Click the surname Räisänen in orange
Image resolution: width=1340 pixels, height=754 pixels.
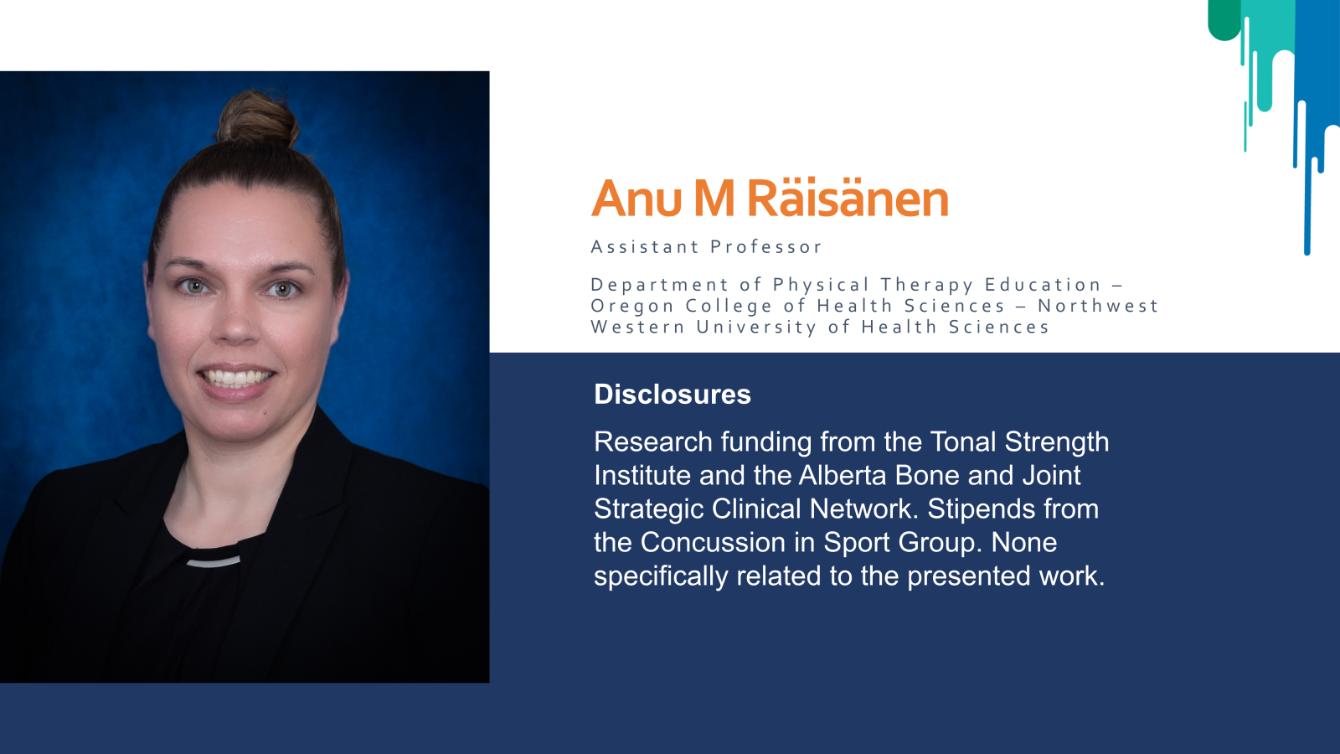point(848,197)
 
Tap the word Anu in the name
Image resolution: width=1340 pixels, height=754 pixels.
point(636,198)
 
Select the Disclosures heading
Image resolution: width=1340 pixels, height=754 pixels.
point(673,395)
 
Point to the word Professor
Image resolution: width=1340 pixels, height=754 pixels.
point(766,246)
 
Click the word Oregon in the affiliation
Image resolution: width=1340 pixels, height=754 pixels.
point(631,306)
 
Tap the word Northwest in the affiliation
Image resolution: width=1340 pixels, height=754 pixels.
point(1098,305)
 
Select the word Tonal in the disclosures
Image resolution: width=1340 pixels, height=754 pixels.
point(962,442)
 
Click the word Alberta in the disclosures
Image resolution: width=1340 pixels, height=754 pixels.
point(843,475)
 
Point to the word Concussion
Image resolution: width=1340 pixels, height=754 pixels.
point(713,542)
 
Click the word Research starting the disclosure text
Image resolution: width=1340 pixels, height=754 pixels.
point(653,442)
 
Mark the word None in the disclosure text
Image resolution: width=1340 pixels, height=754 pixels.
point(1024,542)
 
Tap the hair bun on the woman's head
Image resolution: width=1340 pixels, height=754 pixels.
point(257,118)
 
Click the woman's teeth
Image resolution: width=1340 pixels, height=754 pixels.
point(237,378)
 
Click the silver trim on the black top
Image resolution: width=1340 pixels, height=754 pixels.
point(214,562)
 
